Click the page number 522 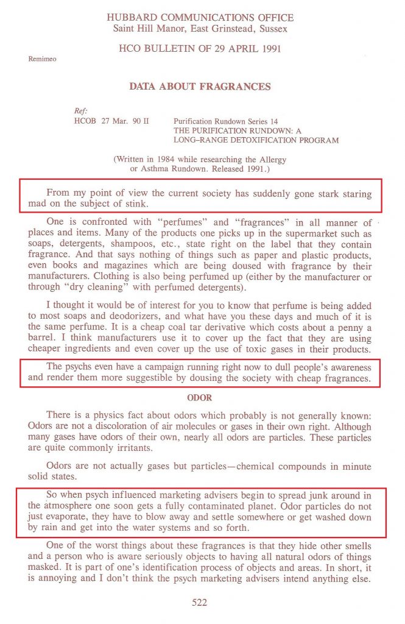200,603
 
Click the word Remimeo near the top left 40,59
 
